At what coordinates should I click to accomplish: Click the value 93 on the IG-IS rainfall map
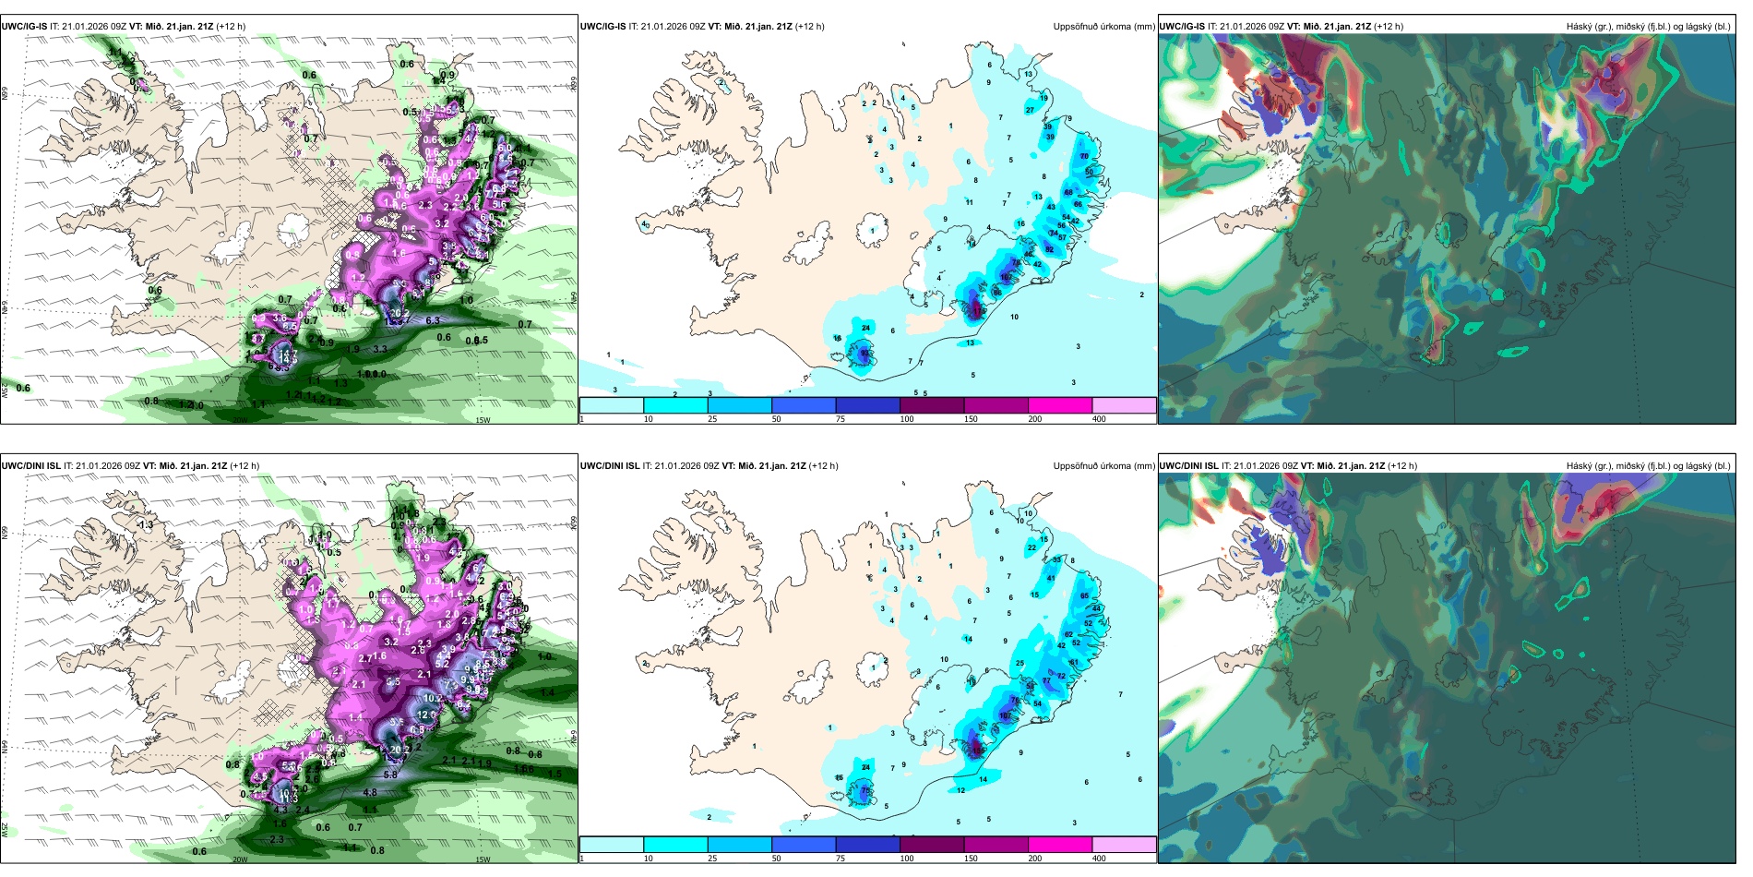865,353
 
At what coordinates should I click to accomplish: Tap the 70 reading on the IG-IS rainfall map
1084,156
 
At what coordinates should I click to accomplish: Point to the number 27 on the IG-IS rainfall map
1031,110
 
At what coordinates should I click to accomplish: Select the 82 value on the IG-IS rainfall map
1049,249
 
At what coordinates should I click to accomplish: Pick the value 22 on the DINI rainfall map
1032,547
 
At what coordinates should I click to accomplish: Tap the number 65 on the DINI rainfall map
1085,596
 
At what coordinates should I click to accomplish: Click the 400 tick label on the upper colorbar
1099,419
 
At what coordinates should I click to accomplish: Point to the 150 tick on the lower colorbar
970,859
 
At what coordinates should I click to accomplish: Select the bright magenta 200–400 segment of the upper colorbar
1059,405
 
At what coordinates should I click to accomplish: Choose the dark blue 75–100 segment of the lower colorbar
867,845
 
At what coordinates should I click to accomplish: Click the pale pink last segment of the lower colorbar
1124,845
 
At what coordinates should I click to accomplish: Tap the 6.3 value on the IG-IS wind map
433,320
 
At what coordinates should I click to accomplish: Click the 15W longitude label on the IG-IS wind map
483,420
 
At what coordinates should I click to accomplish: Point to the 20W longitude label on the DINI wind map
240,859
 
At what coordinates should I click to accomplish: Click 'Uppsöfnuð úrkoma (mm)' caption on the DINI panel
1103,466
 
